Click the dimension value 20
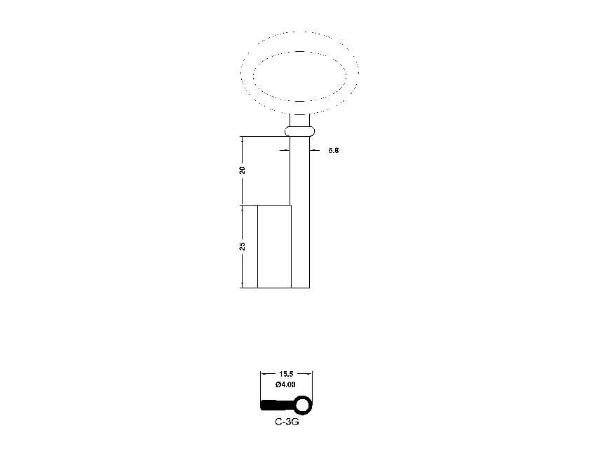pos(242,170)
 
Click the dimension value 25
pos(242,246)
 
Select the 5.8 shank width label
pos(334,150)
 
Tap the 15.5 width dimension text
pos(286,374)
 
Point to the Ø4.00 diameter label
pos(285,384)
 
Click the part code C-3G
pos(287,422)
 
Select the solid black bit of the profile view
pos(277,405)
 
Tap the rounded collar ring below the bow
pos(300,131)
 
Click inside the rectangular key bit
pos(274,246)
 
